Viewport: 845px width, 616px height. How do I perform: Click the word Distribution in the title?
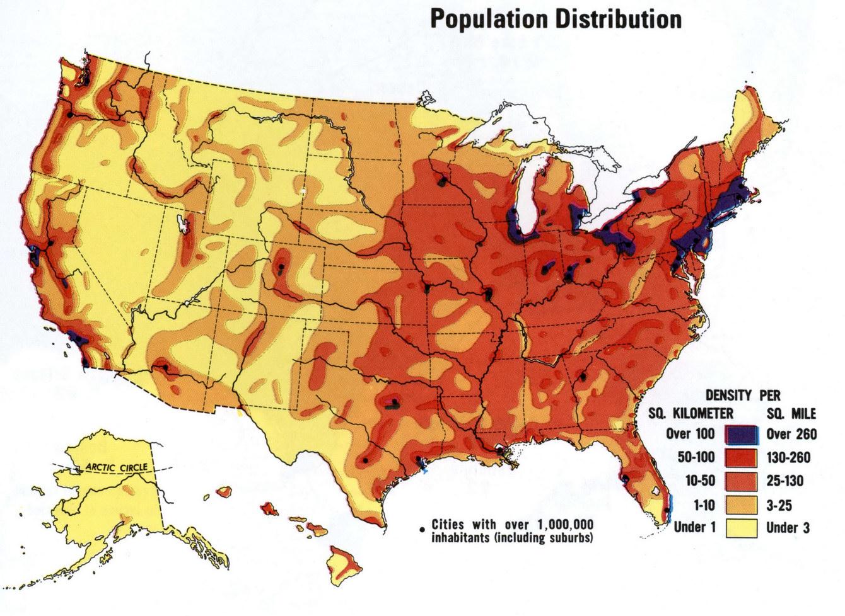[x=619, y=19]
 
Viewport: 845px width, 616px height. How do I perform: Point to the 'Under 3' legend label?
[x=788, y=528]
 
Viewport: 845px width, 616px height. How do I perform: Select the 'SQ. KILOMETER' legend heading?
[x=691, y=414]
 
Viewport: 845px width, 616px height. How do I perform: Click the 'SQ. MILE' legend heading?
[x=791, y=414]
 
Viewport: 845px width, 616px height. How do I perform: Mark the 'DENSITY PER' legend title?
[x=742, y=396]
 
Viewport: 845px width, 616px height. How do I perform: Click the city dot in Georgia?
[x=583, y=377]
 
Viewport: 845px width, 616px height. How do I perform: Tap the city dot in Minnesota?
[x=442, y=181]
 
